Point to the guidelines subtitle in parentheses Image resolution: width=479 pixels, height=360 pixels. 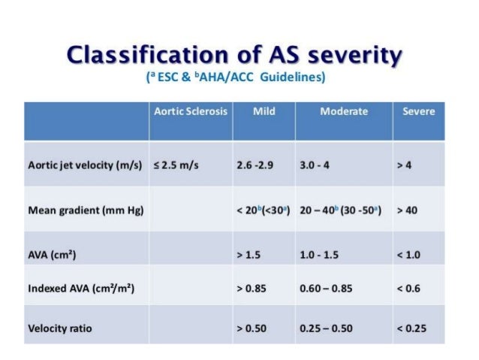pyautogui.click(x=239, y=77)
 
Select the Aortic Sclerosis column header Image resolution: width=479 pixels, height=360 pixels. pyautogui.click(x=190, y=111)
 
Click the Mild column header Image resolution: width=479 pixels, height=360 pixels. pyautogui.click(x=264, y=111)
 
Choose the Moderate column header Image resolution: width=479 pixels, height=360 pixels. pyautogui.click(x=343, y=111)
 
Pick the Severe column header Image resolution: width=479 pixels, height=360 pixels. pyautogui.click(x=418, y=111)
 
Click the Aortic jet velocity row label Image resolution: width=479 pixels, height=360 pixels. pyautogui.click(x=84, y=165)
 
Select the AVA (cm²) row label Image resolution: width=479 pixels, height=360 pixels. pyautogui.click(x=52, y=255)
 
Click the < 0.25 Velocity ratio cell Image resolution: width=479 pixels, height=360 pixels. pyautogui.click(x=411, y=328)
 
